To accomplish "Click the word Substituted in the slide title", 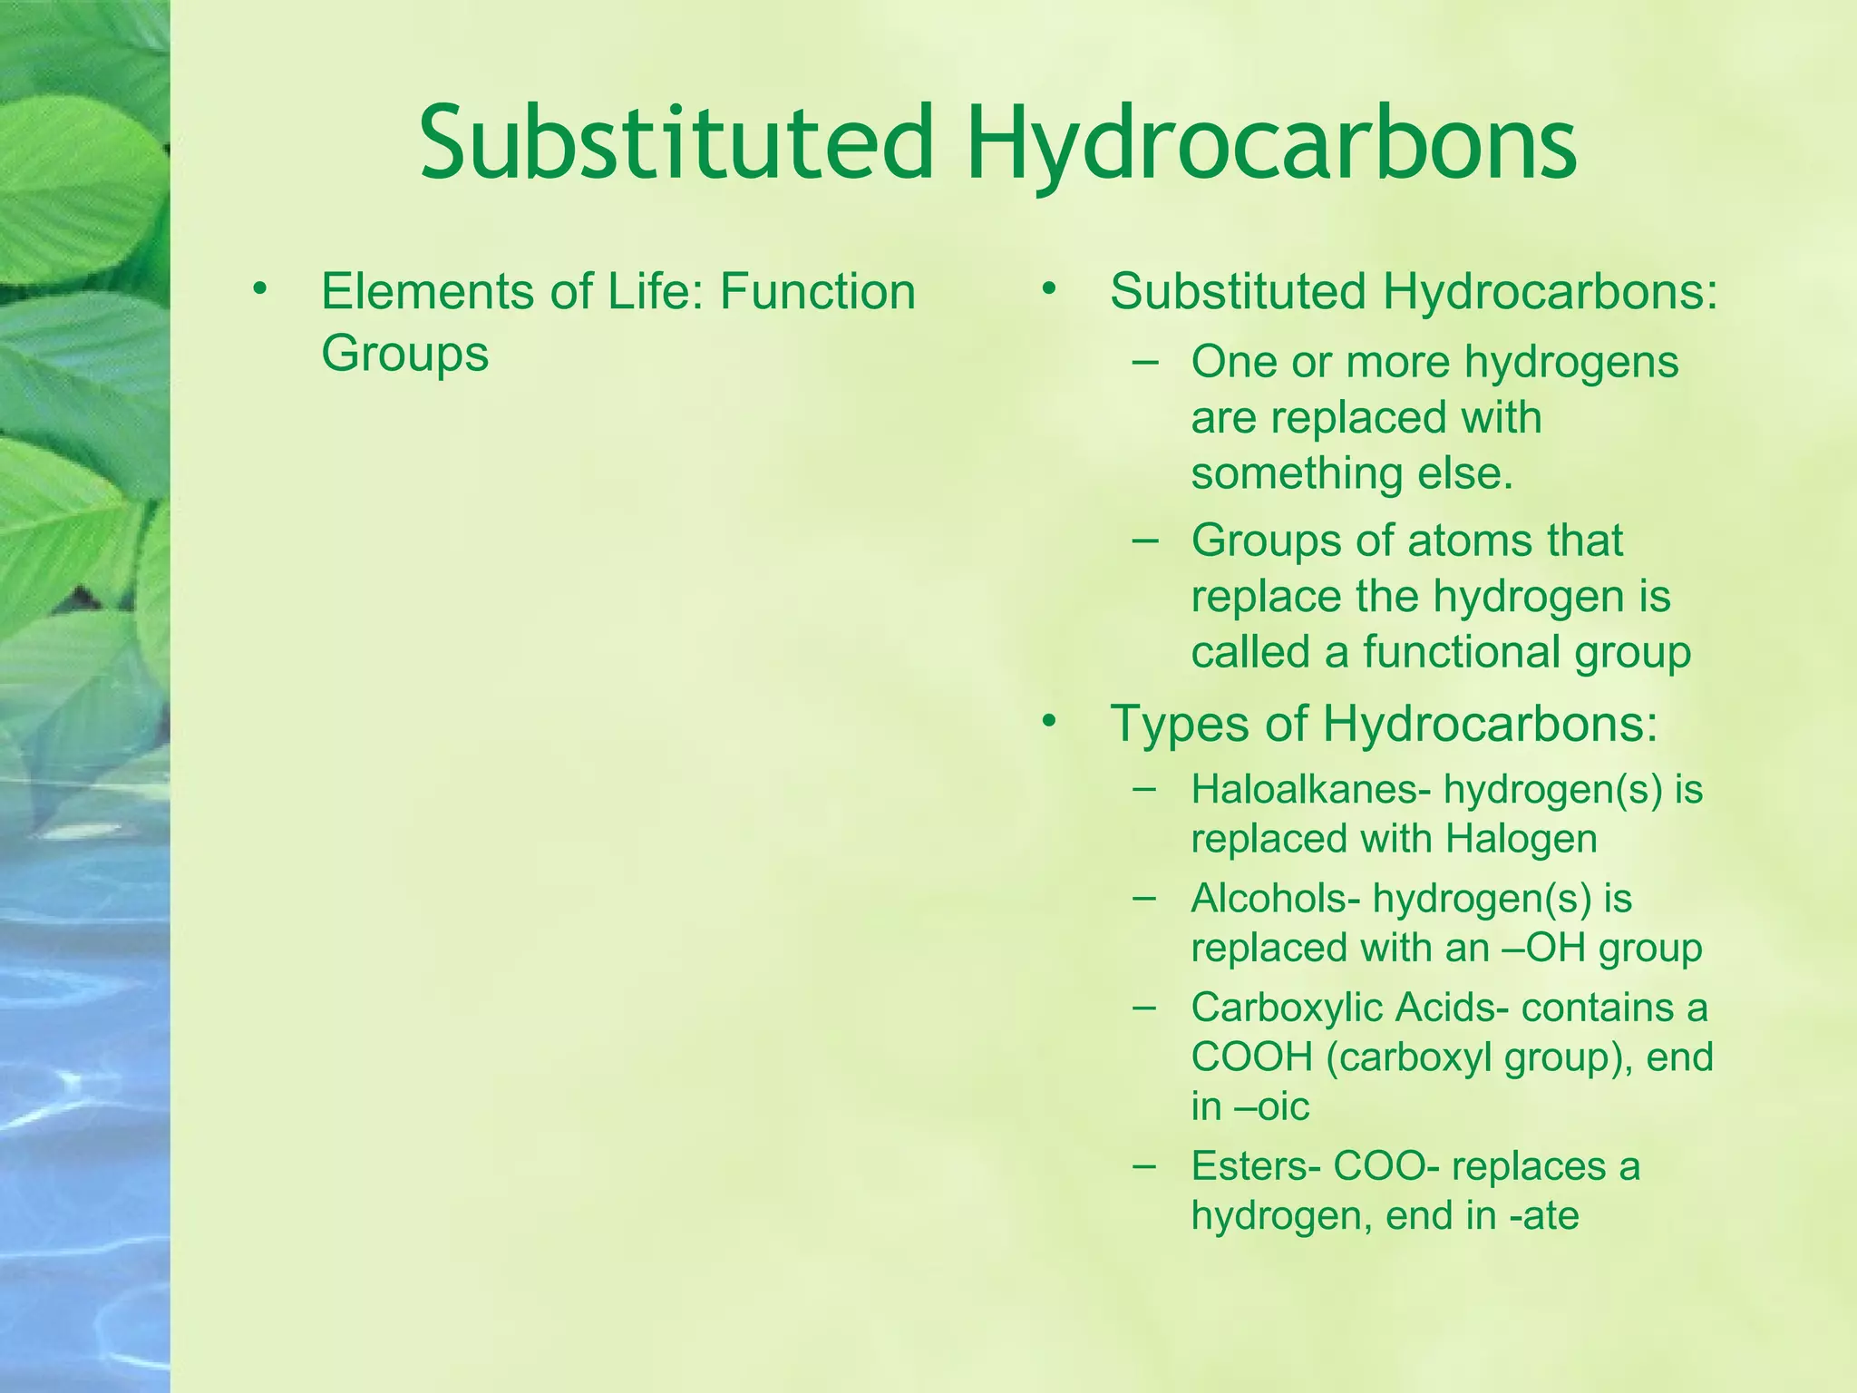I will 676,143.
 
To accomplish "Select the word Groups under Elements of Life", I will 404,353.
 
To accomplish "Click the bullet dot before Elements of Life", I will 260,289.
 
